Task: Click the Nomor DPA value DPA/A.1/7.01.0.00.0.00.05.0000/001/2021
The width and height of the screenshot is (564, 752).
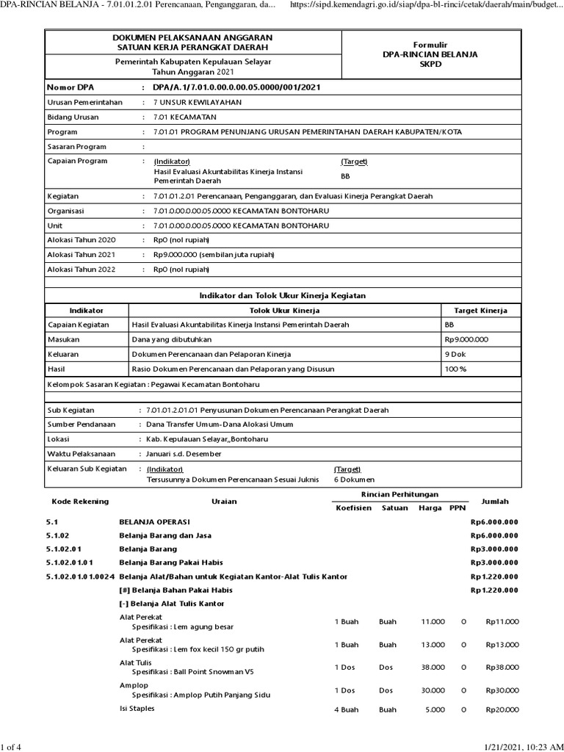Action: click(236, 87)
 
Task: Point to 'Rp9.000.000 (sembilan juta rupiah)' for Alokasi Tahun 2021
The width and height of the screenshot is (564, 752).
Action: click(214, 255)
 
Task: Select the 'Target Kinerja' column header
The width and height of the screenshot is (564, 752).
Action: click(480, 311)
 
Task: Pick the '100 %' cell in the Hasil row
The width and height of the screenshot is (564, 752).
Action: click(456, 369)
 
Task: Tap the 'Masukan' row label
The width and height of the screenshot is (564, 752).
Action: click(64, 339)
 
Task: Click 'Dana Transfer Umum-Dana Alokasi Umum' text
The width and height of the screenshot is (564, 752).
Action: click(220, 424)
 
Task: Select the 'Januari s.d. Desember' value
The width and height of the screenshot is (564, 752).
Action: click(184, 454)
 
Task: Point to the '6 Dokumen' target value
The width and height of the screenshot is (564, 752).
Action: click(351, 480)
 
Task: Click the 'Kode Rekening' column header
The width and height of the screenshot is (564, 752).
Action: click(80, 501)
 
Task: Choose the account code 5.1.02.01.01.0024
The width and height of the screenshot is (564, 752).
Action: click(80, 576)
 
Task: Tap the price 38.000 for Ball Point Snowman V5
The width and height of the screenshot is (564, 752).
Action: click(432, 668)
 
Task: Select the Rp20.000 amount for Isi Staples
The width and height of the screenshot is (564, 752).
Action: click(502, 709)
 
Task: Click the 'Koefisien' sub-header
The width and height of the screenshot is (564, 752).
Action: click(353, 507)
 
